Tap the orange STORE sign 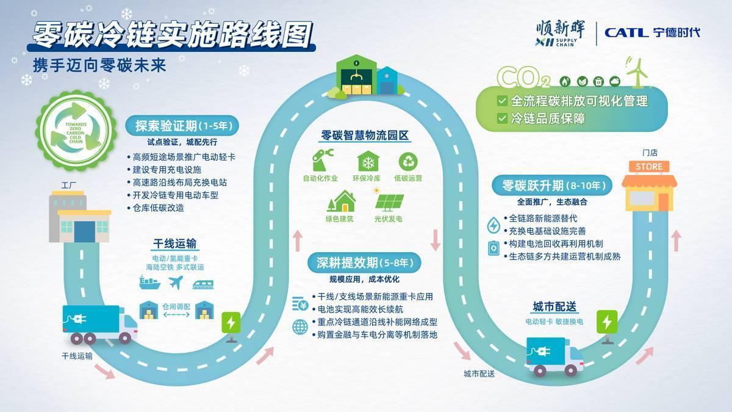click(648, 167)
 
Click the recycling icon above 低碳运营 click(408, 161)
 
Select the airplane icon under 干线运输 click(175, 283)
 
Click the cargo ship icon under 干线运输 click(149, 283)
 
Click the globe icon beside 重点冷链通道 click(300, 327)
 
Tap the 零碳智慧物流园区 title click(365, 136)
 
